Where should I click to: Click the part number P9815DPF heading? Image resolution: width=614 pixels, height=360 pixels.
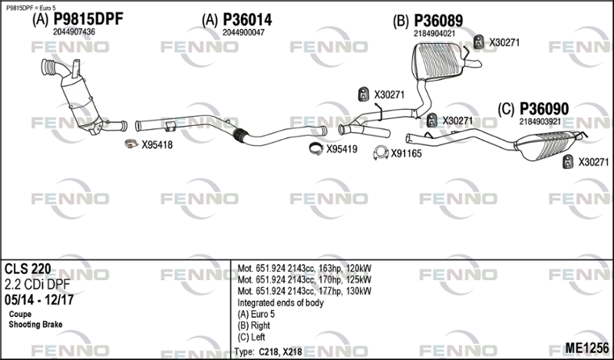pyautogui.click(x=88, y=20)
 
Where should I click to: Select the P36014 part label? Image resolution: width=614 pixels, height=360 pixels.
pyautogui.click(x=247, y=20)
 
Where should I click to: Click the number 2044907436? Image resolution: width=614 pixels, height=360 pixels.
pyautogui.click(x=74, y=32)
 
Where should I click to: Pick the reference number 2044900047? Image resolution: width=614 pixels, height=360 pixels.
pyautogui.click(x=243, y=32)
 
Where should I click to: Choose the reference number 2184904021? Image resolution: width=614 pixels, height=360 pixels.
pyautogui.click(x=434, y=33)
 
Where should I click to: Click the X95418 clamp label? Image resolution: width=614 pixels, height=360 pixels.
pyautogui.click(x=157, y=144)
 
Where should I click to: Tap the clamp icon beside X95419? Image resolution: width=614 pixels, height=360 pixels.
pyautogui.click(x=315, y=149)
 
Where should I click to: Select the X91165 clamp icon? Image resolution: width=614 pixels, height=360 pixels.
pyautogui.click(x=379, y=154)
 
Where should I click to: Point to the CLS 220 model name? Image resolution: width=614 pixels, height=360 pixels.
pyautogui.click(x=28, y=269)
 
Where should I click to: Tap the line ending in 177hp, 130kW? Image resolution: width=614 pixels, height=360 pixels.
pyautogui.click(x=305, y=291)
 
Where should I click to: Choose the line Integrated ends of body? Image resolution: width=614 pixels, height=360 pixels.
pyautogui.click(x=281, y=302)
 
